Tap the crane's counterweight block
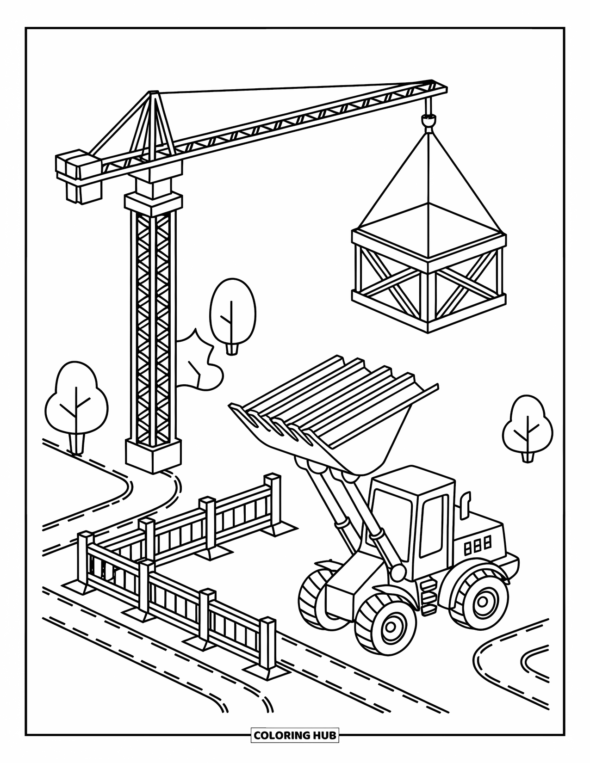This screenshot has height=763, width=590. coord(77,176)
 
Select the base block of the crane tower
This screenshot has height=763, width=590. coord(152,455)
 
